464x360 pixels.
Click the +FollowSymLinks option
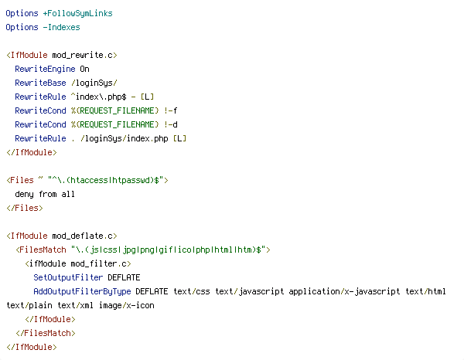coord(78,14)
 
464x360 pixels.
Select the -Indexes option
coord(62,27)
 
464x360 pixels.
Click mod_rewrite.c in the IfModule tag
coord(82,56)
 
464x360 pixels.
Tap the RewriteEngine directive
coord(45,70)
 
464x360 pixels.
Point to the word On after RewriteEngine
coord(84,69)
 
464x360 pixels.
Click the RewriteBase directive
coord(40,83)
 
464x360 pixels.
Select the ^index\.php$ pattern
coord(98,97)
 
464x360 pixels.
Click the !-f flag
coord(171,110)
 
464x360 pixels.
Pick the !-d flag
coord(171,124)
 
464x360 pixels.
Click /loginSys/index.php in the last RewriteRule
coord(125,138)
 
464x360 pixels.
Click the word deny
coord(24,194)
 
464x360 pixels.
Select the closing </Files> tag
coord(25,208)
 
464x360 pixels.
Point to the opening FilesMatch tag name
coord(43,250)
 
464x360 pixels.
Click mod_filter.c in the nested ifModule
coord(98,263)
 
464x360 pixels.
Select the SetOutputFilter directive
coord(68,277)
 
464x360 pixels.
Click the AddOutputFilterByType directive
coord(82,291)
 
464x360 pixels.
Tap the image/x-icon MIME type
coord(127,305)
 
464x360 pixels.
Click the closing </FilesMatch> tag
coord(46,333)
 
